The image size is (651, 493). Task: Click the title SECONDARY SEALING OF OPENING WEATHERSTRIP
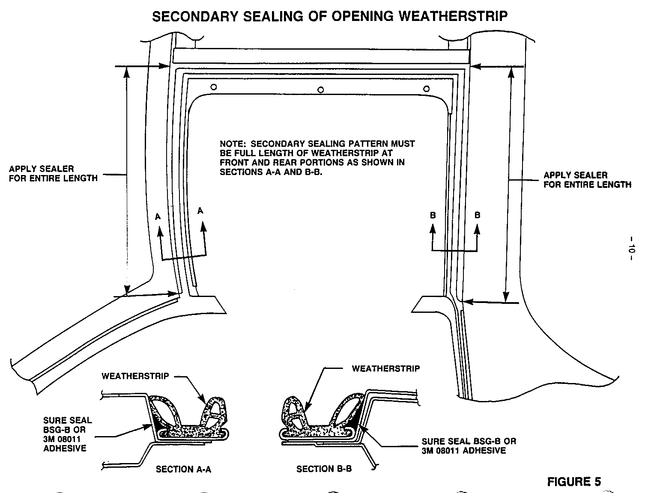[330, 16]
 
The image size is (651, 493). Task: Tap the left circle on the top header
[213, 87]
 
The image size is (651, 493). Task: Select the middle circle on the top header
[320, 89]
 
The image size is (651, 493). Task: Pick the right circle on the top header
[426, 89]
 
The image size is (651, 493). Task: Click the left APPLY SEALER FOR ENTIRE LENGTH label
[53, 173]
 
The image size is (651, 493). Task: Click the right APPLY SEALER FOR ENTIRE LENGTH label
[587, 180]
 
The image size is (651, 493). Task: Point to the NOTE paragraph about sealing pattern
[317, 158]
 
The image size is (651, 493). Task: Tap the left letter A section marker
[158, 217]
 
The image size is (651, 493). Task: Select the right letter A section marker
[200, 210]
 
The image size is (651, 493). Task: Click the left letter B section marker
[433, 215]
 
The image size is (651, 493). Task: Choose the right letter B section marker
[478, 215]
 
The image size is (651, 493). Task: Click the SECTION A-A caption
[183, 469]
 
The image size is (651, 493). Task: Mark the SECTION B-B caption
[324, 469]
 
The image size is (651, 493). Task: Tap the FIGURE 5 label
[574, 482]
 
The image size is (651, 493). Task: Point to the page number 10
[632, 249]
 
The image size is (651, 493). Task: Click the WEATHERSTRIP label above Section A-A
[135, 376]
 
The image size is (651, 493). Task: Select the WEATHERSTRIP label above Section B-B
[385, 368]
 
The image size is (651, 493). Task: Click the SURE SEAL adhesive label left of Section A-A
[67, 434]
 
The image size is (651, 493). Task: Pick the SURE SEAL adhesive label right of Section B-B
[469, 445]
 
